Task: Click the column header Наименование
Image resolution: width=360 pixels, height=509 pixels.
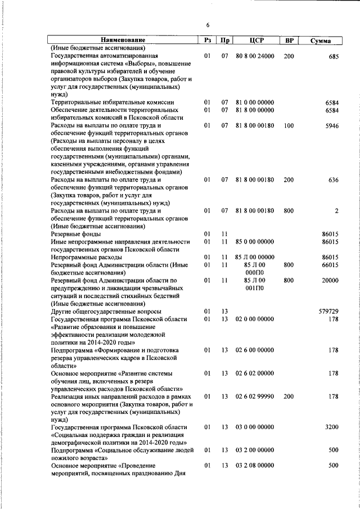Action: [123, 40]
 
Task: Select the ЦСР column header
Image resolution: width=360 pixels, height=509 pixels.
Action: [256, 40]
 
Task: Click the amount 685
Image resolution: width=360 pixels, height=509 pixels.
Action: [333, 57]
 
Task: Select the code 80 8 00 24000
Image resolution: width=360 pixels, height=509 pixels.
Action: [255, 57]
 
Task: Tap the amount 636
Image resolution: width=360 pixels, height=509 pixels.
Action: [333, 180]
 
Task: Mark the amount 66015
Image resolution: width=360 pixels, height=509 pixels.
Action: [330, 265]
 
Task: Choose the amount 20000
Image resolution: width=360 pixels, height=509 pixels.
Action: [330, 280]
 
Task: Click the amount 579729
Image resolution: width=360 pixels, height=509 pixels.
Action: [328, 311]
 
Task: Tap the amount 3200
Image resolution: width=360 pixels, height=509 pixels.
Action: [331, 427]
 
